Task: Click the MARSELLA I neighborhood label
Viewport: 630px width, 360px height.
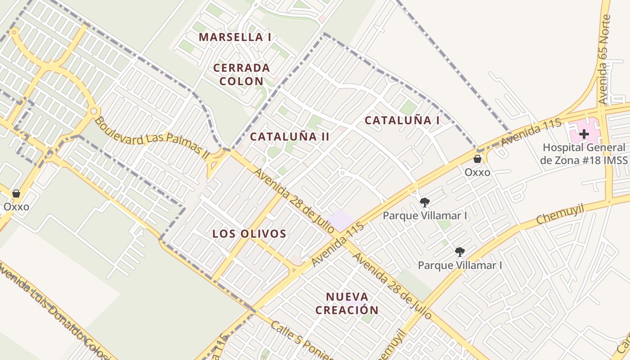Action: tap(234, 37)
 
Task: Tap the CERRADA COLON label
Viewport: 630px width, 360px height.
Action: tap(241, 75)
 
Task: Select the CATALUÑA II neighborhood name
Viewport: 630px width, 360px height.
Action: tap(290, 137)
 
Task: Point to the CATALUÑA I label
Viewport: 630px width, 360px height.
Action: tap(402, 120)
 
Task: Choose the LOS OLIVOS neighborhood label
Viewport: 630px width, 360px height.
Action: tap(249, 234)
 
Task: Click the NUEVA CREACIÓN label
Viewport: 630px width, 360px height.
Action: tap(347, 303)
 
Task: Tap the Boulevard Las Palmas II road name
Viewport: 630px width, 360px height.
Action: tap(152, 137)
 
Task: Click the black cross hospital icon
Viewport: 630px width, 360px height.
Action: tap(584, 134)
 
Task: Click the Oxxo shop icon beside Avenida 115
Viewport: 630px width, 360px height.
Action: tap(477, 159)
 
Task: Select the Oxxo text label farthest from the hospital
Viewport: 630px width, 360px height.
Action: tap(16, 207)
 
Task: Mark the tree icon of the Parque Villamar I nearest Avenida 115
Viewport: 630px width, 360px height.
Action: tap(424, 202)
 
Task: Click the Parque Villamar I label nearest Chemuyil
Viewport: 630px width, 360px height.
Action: tap(460, 265)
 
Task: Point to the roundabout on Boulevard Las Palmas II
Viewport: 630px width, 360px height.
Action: tap(94, 111)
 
